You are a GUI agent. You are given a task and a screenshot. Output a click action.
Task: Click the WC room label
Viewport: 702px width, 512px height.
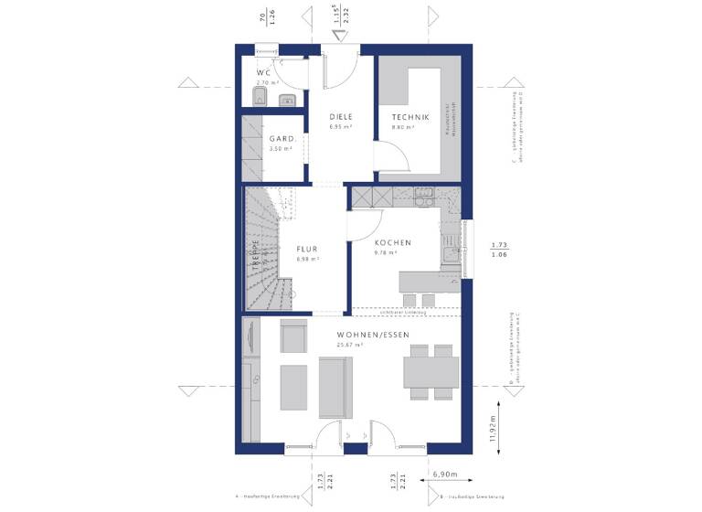263,72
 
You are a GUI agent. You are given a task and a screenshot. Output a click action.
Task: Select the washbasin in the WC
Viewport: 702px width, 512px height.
286,100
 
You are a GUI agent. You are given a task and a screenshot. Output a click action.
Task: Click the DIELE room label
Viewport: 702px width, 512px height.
341,116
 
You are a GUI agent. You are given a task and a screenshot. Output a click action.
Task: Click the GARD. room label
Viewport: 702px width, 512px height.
281,139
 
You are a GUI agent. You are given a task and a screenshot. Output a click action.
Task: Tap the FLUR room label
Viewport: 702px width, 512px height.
306,248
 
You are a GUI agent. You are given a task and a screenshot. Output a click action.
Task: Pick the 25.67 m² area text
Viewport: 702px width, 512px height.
348,346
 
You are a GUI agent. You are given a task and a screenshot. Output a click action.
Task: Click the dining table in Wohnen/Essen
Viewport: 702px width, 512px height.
431,372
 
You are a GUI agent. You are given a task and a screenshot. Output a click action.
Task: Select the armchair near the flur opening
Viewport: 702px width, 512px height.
294,339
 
